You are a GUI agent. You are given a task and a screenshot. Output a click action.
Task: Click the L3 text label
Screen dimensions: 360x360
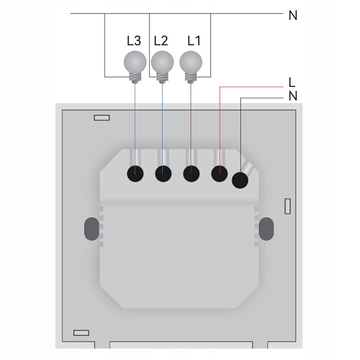tap(134, 41)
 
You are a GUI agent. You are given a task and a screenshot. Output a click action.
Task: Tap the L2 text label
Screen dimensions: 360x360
tap(161, 41)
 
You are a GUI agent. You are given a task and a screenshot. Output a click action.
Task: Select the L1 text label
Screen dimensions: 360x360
tap(193, 41)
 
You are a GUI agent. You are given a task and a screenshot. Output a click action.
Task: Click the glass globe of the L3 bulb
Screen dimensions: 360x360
tap(135, 61)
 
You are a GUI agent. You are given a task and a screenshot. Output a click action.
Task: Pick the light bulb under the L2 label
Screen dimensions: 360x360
tap(162, 62)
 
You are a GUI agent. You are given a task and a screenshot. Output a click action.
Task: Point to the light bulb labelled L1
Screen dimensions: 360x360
tap(190, 62)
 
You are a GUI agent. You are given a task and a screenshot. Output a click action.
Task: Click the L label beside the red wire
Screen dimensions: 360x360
tap(292, 82)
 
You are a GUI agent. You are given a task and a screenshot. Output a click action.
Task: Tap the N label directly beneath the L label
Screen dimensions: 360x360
tap(293, 96)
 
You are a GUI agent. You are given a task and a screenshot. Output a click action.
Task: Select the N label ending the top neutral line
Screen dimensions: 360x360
tap(293, 15)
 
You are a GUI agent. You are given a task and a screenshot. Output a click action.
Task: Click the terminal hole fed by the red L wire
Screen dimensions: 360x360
tap(219, 174)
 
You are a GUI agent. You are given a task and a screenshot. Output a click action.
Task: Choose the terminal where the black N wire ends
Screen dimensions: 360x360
tap(240, 180)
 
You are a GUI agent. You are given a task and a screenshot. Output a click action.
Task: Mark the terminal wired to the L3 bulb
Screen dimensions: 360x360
tap(135, 174)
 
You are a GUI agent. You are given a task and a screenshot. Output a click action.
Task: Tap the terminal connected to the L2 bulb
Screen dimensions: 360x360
tap(163, 174)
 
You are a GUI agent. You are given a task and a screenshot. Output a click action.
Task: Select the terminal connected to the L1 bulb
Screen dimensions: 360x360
tap(191, 174)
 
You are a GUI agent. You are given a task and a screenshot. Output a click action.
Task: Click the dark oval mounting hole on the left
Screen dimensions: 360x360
tap(91, 229)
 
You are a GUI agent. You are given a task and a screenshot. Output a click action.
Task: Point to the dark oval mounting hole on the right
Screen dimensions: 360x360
tap(266, 229)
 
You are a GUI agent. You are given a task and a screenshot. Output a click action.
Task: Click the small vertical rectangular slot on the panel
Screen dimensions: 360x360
tap(288, 206)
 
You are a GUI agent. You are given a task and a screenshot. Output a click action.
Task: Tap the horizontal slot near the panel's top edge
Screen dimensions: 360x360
tap(102, 118)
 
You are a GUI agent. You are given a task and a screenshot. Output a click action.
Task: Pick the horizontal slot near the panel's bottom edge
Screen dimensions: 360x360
tap(81, 333)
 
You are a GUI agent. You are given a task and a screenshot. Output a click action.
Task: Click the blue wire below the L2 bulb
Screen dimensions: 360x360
tap(163, 121)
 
